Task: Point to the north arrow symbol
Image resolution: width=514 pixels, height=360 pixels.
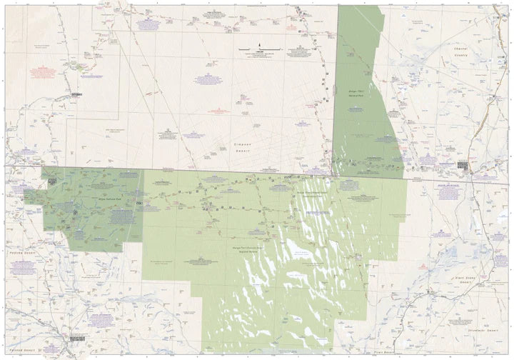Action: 259,44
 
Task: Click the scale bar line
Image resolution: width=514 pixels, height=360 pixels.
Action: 259,50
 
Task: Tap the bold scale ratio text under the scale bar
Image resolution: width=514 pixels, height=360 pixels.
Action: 259,53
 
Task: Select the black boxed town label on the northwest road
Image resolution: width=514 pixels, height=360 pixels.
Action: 77,94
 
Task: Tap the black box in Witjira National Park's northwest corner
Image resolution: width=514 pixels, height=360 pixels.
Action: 53,181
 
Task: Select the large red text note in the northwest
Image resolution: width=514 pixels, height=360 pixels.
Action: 43,69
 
